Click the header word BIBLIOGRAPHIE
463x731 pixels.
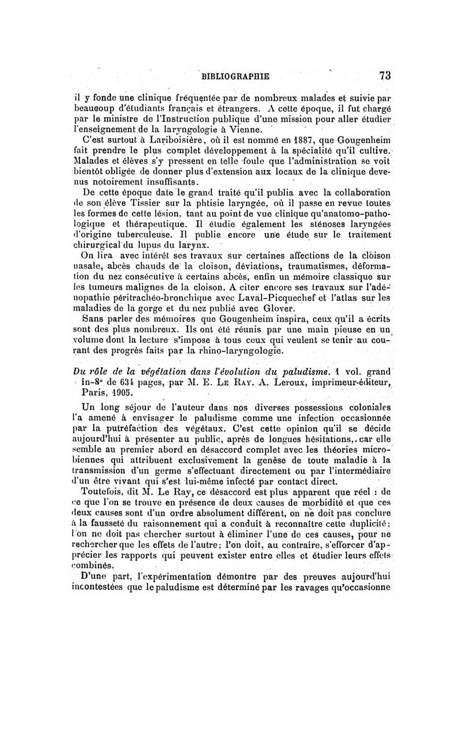tap(234, 75)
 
